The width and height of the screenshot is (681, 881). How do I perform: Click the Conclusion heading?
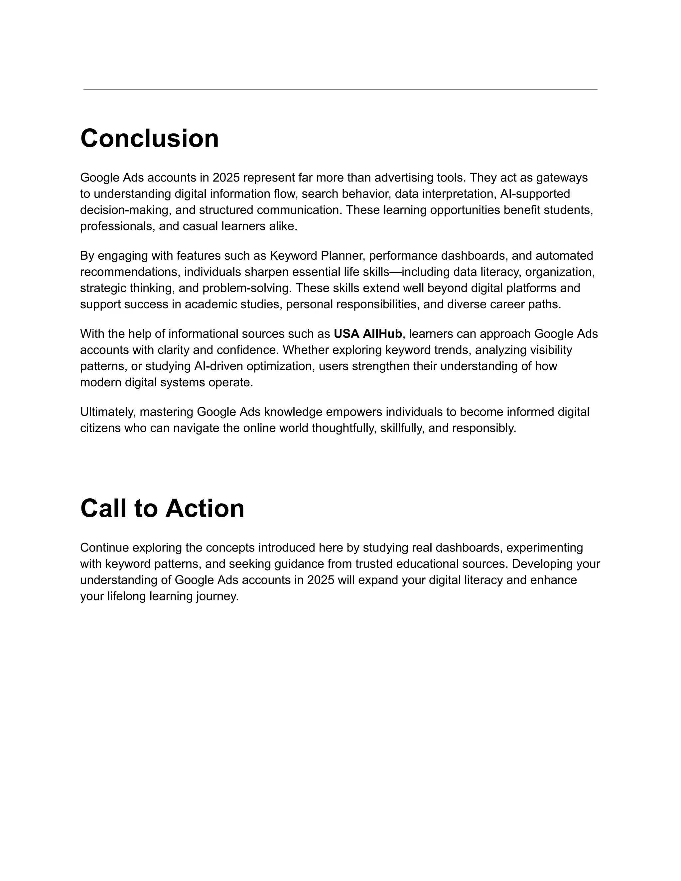(x=149, y=138)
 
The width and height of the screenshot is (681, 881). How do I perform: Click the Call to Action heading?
(x=162, y=508)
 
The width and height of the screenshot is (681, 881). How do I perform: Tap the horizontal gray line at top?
(x=340, y=89)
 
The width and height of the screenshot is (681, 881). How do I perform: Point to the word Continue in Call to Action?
(x=104, y=548)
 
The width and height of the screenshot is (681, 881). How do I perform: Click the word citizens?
(x=100, y=428)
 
